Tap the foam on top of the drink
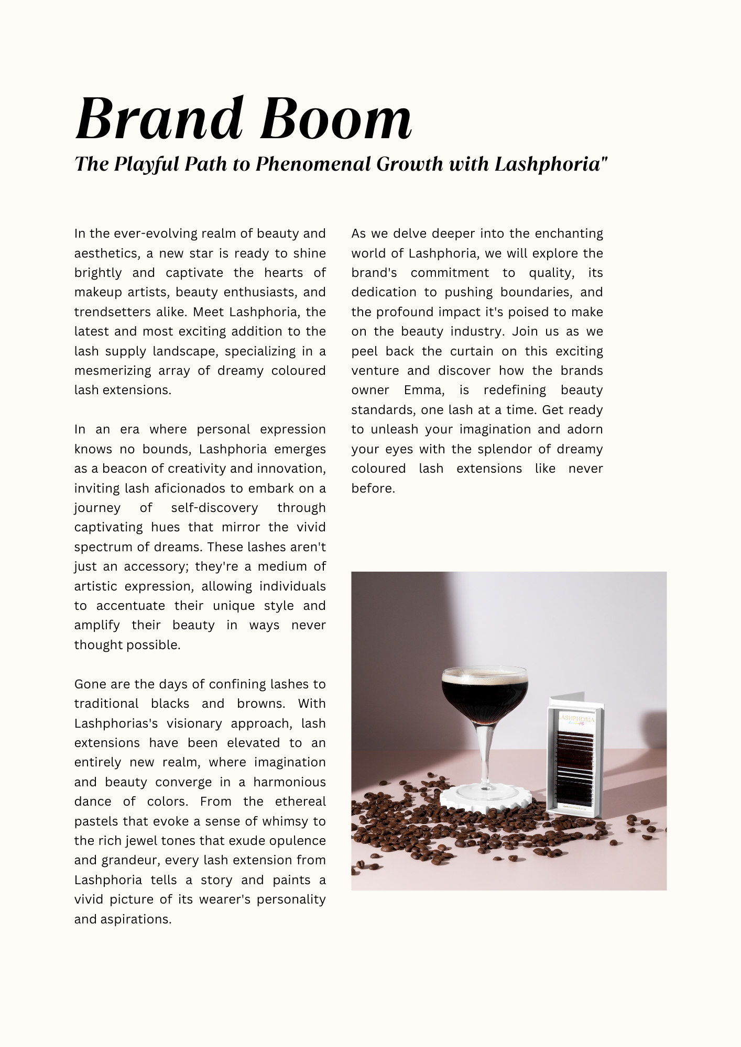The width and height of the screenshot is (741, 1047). click(484, 675)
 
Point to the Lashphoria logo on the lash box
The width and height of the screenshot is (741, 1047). click(576, 721)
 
